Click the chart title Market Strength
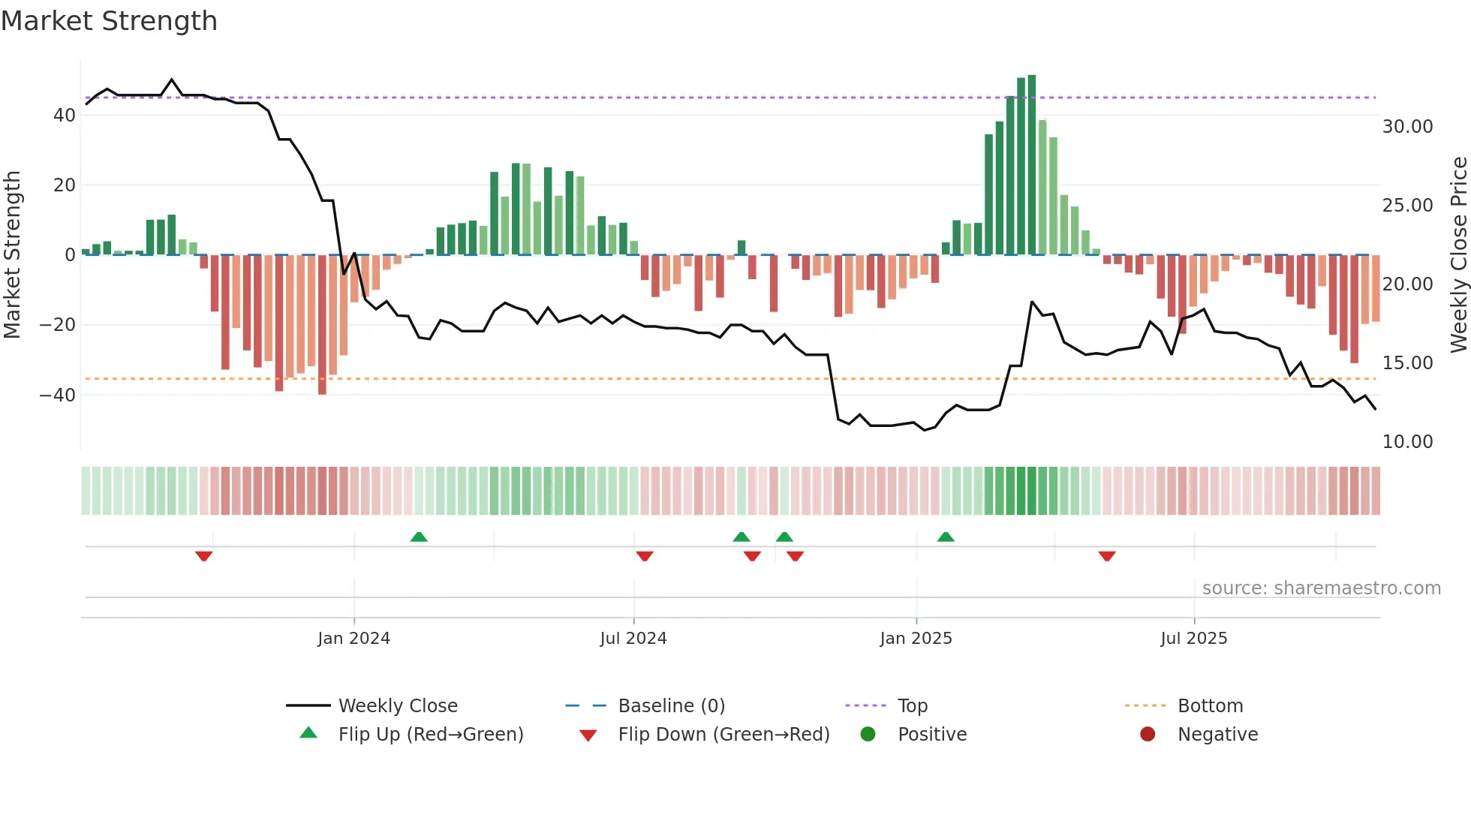point(109,21)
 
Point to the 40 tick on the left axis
point(65,116)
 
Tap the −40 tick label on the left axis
point(58,395)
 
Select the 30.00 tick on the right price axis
point(1407,127)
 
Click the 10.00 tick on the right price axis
point(1407,442)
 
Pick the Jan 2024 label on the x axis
point(353,639)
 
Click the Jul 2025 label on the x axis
point(1193,639)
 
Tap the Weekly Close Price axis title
point(1458,254)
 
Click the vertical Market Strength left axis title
point(12,254)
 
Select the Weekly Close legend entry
point(397,706)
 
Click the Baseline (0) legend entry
point(671,706)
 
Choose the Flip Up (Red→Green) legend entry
point(430,735)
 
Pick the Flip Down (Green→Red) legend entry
point(723,735)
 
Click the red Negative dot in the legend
point(1148,735)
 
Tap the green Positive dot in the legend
point(868,735)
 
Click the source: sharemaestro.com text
point(1321,588)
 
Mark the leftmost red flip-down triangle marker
point(203,556)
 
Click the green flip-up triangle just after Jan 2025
point(946,537)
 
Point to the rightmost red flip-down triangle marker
point(1107,556)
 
